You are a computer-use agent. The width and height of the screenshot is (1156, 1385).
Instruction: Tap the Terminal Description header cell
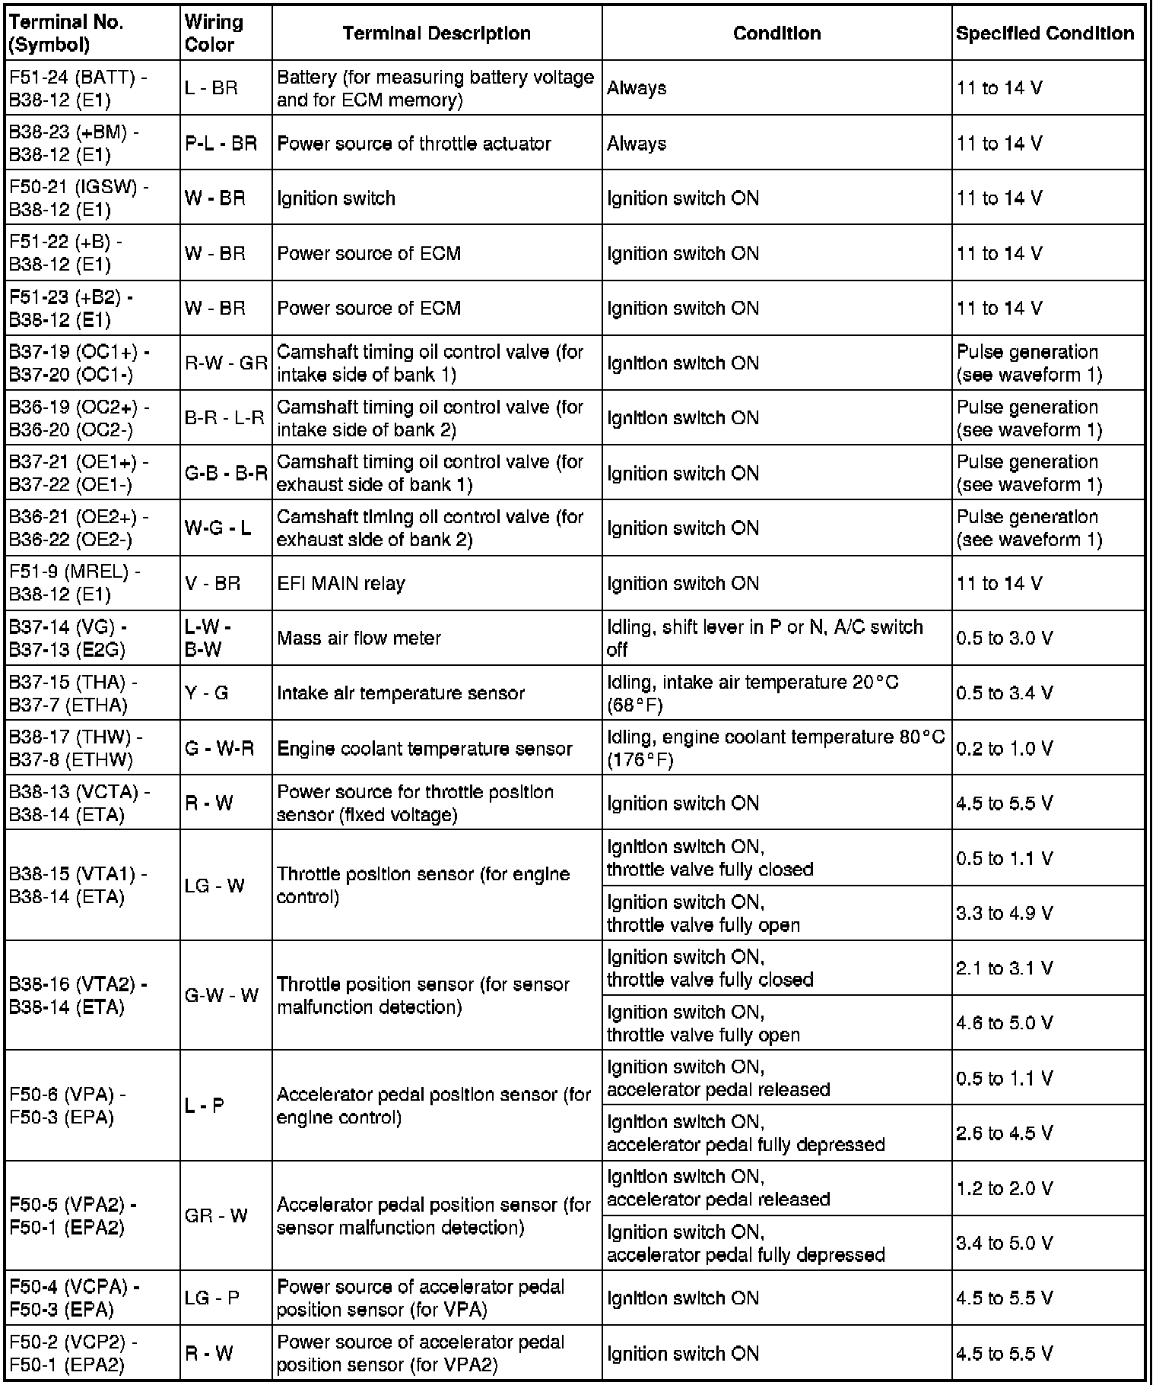click(x=437, y=33)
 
